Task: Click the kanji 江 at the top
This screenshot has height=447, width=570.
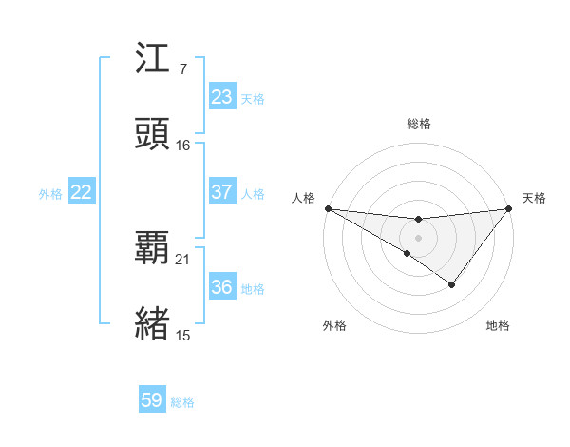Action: click(x=154, y=62)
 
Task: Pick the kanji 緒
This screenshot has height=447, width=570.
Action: click(x=154, y=321)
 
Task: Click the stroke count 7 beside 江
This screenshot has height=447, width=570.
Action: click(x=182, y=68)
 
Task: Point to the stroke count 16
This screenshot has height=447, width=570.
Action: click(x=183, y=145)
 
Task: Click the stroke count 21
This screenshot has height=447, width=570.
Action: click(x=183, y=259)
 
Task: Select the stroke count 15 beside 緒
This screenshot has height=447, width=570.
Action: click(x=183, y=334)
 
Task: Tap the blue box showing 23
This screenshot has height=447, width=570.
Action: click(x=221, y=97)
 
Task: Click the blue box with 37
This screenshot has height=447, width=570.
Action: click(x=221, y=192)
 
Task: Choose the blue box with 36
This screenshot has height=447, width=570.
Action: click(x=221, y=287)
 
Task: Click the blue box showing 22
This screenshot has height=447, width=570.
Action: click(x=81, y=192)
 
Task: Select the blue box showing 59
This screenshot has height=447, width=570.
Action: click(x=152, y=400)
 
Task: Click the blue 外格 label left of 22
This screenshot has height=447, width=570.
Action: click(x=50, y=193)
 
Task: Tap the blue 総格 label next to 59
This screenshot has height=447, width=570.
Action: click(x=182, y=401)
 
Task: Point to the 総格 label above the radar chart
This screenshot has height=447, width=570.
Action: click(x=418, y=124)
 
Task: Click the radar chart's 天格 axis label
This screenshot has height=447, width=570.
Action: click(x=535, y=198)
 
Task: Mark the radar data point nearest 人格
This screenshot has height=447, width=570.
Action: click(x=328, y=208)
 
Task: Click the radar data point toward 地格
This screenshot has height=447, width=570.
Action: click(x=452, y=284)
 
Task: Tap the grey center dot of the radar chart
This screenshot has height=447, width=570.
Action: click(x=418, y=237)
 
